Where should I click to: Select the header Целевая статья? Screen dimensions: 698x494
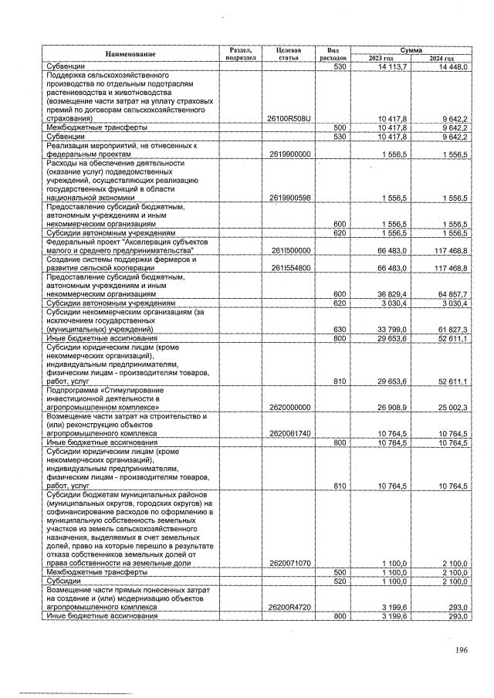tap(287, 53)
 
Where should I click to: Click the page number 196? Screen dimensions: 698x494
tap(461, 650)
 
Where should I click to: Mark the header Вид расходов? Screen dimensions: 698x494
tap(333, 53)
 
